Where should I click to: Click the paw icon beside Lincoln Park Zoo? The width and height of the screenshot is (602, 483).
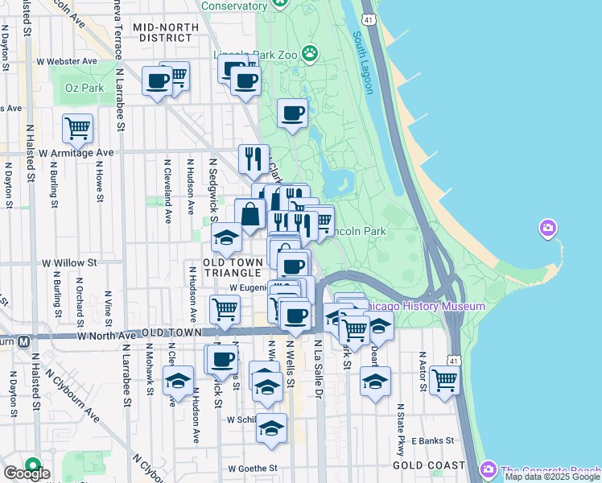click(x=310, y=55)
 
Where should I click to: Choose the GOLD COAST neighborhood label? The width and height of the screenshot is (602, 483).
click(x=428, y=465)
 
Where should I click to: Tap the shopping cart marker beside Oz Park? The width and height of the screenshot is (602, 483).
click(x=77, y=127)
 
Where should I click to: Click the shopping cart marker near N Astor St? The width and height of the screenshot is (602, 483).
click(x=444, y=380)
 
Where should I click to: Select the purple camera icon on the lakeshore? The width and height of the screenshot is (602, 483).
click(x=548, y=229)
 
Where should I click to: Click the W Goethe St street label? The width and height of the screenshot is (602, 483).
click(x=252, y=468)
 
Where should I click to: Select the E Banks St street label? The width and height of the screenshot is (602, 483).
click(x=433, y=440)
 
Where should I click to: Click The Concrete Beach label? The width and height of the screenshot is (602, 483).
click(x=550, y=470)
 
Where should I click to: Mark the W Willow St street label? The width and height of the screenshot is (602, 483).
click(x=69, y=262)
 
